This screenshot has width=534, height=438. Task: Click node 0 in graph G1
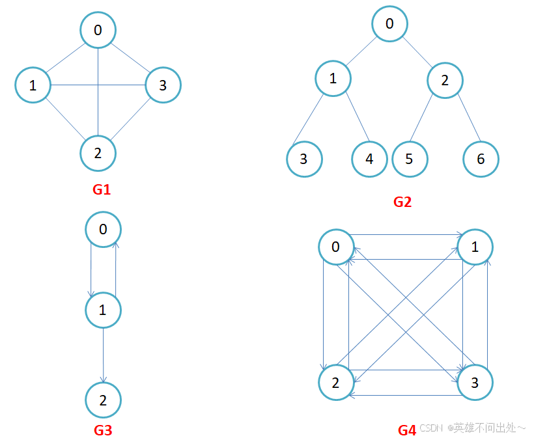[x=98, y=30]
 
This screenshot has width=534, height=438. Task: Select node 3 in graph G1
[x=163, y=85]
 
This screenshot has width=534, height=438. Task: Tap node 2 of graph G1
[x=98, y=154]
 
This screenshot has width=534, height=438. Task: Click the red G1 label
[x=102, y=190]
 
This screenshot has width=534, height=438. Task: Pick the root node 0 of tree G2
[x=389, y=24]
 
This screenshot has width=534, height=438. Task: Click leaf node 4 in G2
[x=369, y=158]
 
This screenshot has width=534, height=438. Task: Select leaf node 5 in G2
[x=410, y=158]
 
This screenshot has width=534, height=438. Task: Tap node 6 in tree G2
[x=481, y=158]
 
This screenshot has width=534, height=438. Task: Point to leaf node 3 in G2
[x=304, y=158]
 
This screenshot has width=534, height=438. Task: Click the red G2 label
[x=402, y=202]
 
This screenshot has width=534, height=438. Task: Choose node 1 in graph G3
[x=103, y=310]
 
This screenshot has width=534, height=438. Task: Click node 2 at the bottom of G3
[x=103, y=400]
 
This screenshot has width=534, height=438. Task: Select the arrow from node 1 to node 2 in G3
[x=103, y=355]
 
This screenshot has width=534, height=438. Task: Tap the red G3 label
[x=103, y=430]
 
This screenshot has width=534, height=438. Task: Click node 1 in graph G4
[x=475, y=247]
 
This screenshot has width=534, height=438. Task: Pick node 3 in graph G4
[x=475, y=383]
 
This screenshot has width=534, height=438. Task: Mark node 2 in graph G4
[x=336, y=383]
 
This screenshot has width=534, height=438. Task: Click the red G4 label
[x=407, y=430]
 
